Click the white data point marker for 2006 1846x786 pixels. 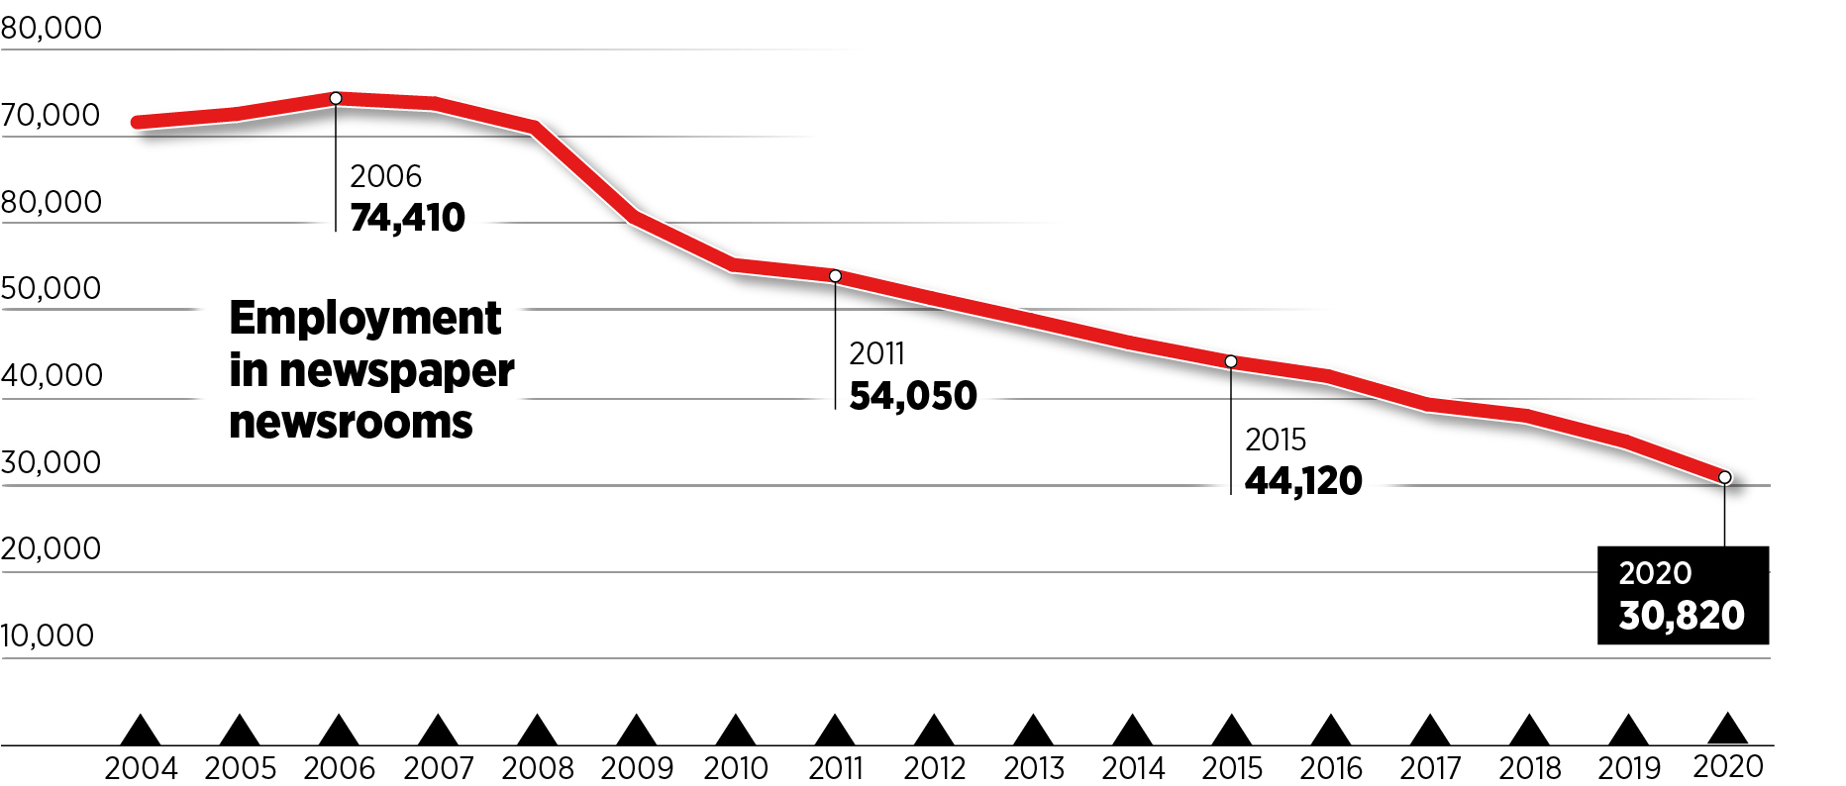click(336, 98)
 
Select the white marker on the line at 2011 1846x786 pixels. click(835, 276)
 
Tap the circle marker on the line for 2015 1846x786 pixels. click(1231, 362)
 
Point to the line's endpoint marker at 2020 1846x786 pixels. click(1725, 478)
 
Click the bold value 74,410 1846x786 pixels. click(407, 218)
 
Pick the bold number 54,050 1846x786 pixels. click(913, 396)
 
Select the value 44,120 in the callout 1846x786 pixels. click(1303, 481)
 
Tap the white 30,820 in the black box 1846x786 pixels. click(1682, 616)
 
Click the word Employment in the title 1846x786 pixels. click(365, 319)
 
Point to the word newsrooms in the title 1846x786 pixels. click(351, 423)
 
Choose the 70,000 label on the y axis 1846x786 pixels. click(51, 116)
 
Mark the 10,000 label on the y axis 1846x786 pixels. click(48, 636)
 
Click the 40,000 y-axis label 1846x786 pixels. click(51, 375)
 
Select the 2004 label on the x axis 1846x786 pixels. click(141, 768)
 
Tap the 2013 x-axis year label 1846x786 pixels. click(1034, 768)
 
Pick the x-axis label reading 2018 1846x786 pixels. click(1530, 768)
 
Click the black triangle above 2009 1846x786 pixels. click(636, 732)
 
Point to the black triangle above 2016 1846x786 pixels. click(1331, 732)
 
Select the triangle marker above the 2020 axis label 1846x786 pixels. click(1728, 730)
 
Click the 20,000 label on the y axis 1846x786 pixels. click(51, 548)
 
